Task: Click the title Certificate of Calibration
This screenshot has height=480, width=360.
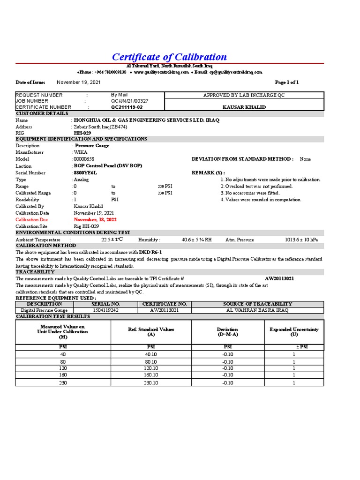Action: click(169, 57)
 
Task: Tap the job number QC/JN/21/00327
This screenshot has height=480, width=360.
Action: click(129, 101)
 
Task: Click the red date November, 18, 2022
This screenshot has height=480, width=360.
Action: click(95, 219)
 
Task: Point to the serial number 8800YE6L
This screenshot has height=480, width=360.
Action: click(85, 172)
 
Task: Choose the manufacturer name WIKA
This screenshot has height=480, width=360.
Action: click(80, 152)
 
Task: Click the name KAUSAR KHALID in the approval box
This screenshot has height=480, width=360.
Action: click(243, 107)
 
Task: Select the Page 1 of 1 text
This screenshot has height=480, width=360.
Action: click(286, 82)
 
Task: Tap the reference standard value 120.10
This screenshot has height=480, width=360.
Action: click(151, 368)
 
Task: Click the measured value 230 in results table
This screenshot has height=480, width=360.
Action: click(63, 382)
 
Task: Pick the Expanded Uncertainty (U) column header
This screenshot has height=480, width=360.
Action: click(294, 332)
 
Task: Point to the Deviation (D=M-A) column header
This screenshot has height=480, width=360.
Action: click(227, 332)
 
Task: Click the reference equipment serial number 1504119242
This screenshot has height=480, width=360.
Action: click(105, 310)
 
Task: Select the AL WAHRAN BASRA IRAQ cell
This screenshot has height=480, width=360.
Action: click(257, 310)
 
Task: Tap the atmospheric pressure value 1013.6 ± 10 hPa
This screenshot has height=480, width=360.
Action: click(301, 240)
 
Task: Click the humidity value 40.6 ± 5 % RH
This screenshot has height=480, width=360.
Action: click(196, 240)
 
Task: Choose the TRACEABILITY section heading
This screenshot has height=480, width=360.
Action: click(35, 272)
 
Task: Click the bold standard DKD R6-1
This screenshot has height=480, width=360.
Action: click(150, 252)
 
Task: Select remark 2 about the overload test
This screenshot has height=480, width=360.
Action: click(256, 186)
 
